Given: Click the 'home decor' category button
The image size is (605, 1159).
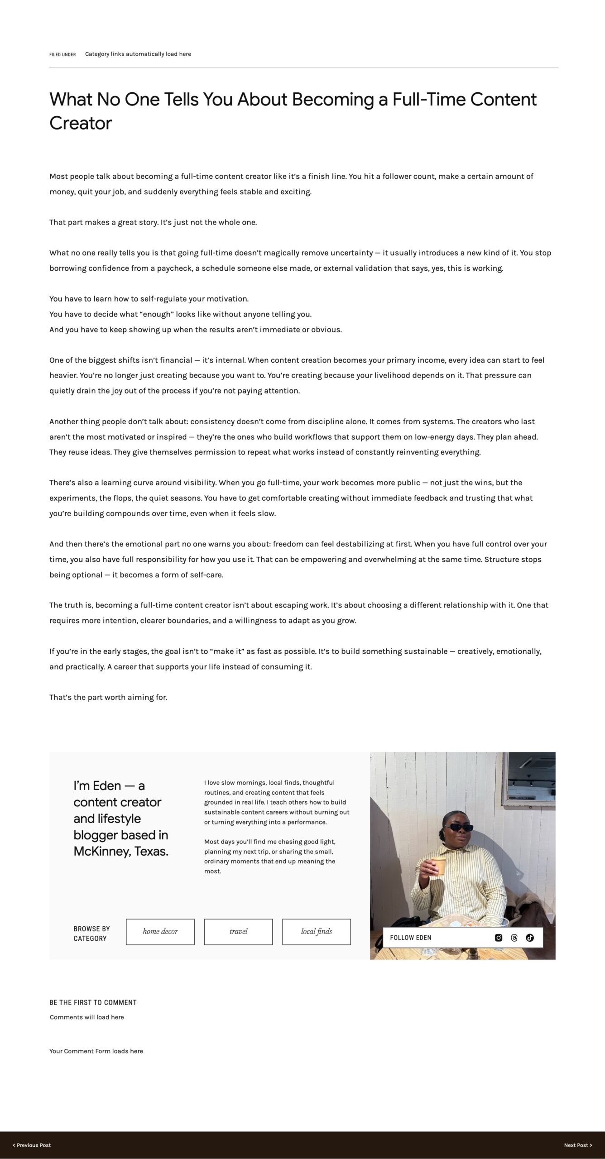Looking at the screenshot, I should [160, 932].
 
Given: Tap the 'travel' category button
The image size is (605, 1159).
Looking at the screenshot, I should [238, 932].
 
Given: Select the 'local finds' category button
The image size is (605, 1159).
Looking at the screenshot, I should [316, 932].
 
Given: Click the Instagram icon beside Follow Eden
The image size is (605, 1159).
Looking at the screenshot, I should [499, 938].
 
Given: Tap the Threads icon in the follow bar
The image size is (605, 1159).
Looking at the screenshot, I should [514, 938].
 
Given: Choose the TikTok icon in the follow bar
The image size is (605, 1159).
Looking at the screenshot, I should [530, 938].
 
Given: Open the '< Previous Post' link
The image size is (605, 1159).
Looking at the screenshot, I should [32, 1145].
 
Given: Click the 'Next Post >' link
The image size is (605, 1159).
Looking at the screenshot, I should [578, 1145].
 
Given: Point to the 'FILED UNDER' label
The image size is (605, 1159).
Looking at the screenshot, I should [62, 55].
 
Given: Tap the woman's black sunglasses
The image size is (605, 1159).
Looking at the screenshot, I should [459, 828].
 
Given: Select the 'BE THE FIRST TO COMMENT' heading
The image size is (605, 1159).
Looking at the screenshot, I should [93, 1002].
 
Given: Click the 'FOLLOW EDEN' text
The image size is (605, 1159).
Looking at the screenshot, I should [410, 938].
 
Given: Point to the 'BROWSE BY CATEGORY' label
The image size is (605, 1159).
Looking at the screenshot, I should [91, 934].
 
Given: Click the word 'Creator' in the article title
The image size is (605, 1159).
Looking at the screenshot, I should [81, 123].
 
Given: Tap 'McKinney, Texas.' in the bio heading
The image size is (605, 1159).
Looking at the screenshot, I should [120, 852].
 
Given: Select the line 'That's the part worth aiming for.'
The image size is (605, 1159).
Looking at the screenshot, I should [108, 697].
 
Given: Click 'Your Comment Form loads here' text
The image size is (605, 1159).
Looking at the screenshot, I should [96, 1051].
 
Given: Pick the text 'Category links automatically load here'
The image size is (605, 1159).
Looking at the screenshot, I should [138, 54].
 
